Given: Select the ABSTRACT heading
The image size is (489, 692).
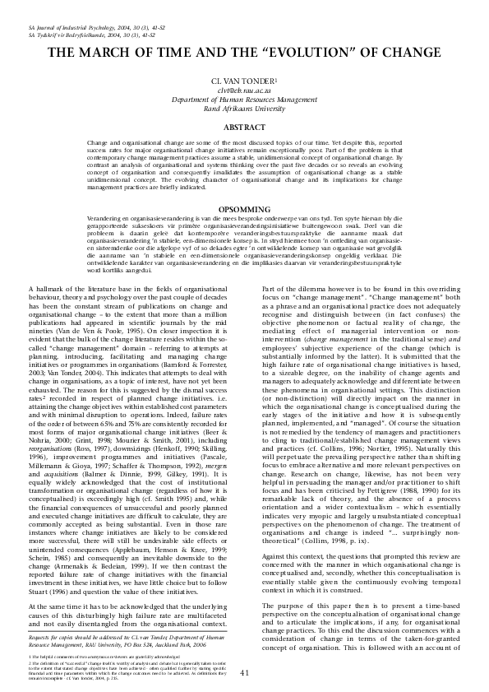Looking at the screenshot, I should (244, 128).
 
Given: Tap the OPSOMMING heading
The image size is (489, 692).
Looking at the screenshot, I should (244, 209).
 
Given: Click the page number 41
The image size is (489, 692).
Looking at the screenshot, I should (244, 673).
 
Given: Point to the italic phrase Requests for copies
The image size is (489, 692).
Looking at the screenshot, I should (54, 637).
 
